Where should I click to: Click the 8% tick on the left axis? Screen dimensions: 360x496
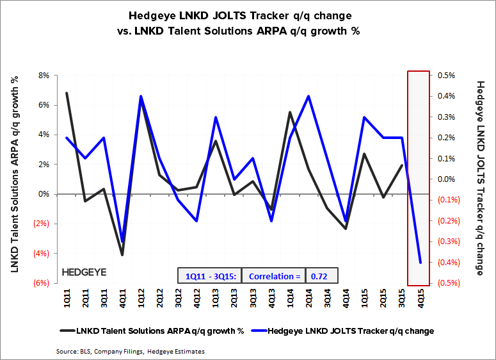(x=44, y=75)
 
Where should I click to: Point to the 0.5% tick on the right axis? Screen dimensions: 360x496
(x=446, y=75)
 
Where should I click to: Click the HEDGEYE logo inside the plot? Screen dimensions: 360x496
(x=84, y=272)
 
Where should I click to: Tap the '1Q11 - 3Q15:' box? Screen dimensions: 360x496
(x=211, y=276)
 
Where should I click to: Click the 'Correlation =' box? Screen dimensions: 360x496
(x=274, y=276)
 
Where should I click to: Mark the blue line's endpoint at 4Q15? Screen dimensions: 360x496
(x=420, y=263)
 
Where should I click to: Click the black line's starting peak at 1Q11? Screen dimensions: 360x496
(x=67, y=93)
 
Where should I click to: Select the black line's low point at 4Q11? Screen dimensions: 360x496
(x=122, y=255)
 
